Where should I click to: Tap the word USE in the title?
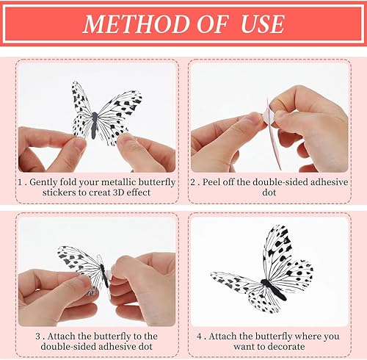pyautogui.click(x=262, y=24)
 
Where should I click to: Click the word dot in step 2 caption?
pyautogui.click(x=269, y=192)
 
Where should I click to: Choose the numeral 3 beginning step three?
pyautogui.click(x=38, y=336)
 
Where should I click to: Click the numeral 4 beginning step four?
pyautogui.click(x=199, y=336)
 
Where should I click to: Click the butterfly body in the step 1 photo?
pyautogui.click(x=95, y=126)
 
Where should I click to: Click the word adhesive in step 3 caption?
pyautogui.click(x=117, y=347)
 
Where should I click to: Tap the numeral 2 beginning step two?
pyautogui.click(x=193, y=182)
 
